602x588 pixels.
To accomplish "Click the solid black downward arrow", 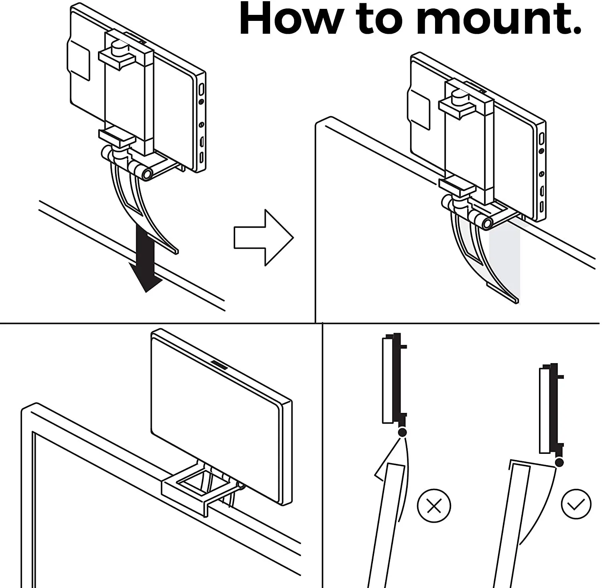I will coord(145,257).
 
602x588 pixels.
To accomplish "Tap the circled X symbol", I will coord(434,506).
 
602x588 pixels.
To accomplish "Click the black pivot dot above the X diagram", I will coord(402,432).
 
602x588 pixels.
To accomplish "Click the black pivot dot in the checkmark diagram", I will coord(559,463).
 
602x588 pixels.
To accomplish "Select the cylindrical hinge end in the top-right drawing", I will coord(487,223).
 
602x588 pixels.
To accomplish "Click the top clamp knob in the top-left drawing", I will coord(118,48).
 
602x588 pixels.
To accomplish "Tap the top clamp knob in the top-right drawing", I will coord(458,96).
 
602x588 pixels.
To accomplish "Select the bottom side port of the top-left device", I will coord(201,157).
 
